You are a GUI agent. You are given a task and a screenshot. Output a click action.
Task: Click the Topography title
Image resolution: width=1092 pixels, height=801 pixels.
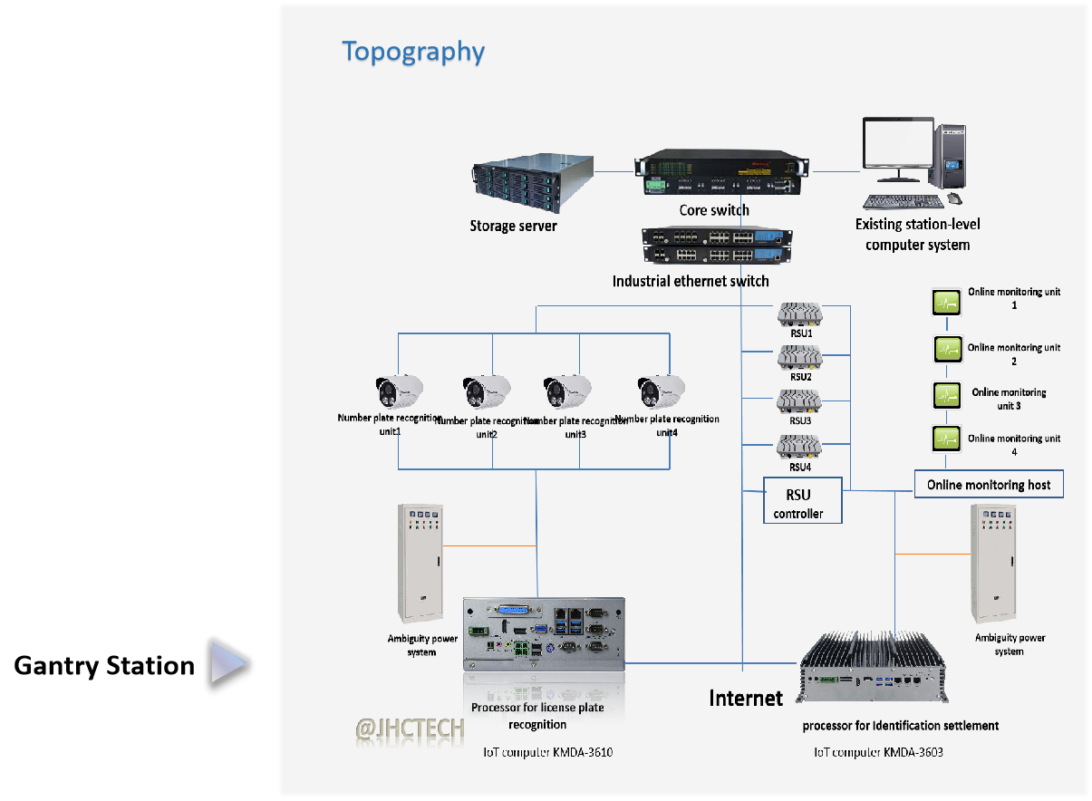tap(413, 52)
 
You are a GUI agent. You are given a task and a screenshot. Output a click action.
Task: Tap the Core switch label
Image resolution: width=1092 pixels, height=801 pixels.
tap(714, 210)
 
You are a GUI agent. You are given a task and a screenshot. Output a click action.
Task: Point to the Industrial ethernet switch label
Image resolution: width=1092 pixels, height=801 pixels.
tap(691, 281)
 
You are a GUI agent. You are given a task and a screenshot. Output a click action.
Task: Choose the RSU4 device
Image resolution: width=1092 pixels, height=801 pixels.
tap(799, 448)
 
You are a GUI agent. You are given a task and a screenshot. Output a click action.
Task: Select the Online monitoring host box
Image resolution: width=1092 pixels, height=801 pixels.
tap(989, 485)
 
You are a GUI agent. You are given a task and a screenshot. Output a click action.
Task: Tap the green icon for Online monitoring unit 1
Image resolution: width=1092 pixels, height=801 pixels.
tap(947, 302)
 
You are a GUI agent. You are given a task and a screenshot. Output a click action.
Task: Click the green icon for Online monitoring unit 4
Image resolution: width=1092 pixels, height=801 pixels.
tap(947, 439)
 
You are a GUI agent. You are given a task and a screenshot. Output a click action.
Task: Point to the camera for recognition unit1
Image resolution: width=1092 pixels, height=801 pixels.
tap(399, 391)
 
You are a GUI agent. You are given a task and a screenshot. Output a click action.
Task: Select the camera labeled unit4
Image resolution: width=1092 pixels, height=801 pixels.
tap(661, 391)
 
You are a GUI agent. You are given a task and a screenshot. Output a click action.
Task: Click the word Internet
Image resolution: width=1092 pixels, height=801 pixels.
tap(745, 698)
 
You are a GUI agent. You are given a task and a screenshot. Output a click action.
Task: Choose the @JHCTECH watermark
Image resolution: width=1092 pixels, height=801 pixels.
tap(410, 729)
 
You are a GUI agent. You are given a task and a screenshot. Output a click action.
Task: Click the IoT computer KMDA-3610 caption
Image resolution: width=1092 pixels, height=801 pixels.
tap(555, 752)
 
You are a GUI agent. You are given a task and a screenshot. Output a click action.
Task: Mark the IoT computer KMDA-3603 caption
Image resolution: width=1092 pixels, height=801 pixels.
tap(878, 752)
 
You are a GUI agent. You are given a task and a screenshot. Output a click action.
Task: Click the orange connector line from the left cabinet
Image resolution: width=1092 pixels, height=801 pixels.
tap(489, 545)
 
